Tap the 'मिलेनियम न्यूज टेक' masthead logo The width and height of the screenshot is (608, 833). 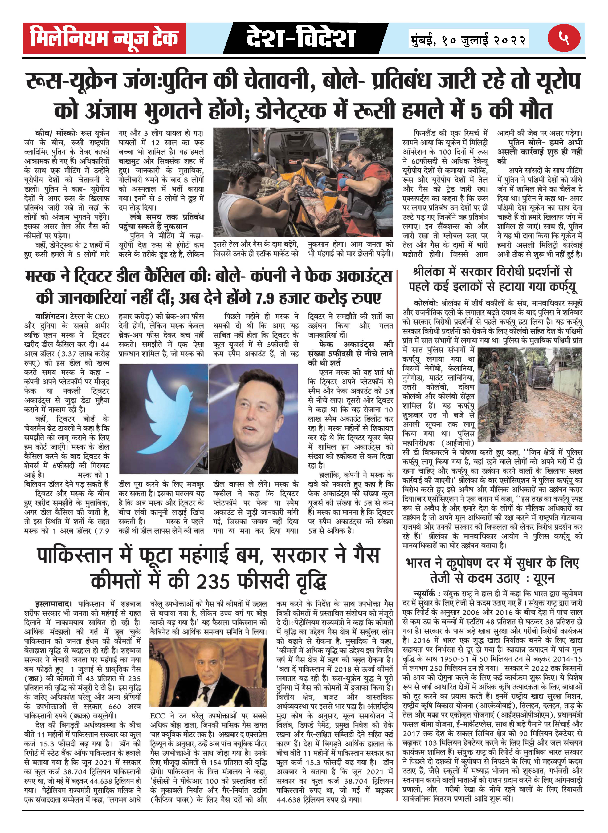pyautogui.click(x=104, y=38)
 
